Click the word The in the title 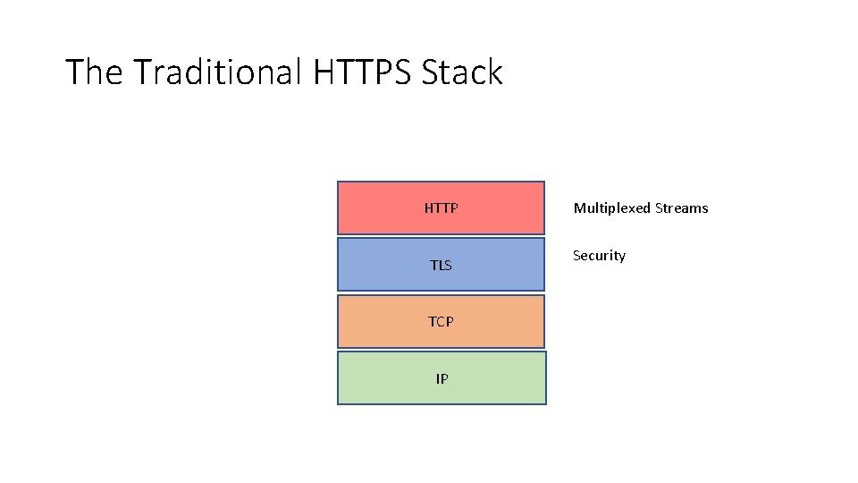tap(93, 72)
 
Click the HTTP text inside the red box tap(441, 208)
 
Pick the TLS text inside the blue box tap(441, 266)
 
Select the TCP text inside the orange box tap(441, 322)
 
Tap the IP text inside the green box tap(442, 379)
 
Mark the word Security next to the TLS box tap(599, 256)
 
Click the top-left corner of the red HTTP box tap(338, 182)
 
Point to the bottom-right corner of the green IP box tap(545, 404)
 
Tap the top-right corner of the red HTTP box tap(544, 182)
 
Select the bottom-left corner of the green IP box tap(338, 404)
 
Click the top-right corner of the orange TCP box tap(544, 296)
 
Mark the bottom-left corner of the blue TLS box tap(338, 290)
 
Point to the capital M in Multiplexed tap(579, 208)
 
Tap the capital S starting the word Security tap(576, 256)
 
